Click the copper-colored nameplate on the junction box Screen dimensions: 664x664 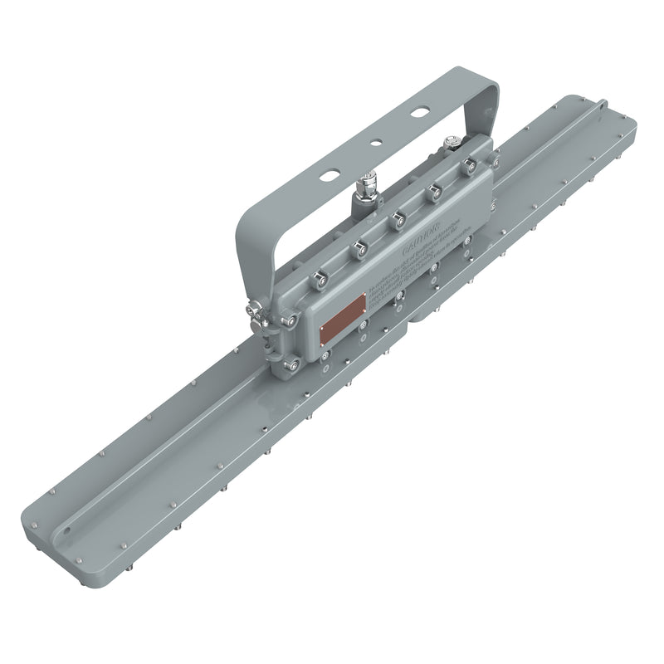(x=344, y=318)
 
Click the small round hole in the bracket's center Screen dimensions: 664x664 (x=375, y=142)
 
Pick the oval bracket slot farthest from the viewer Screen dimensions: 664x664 (x=421, y=110)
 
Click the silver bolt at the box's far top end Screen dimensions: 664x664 (x=451, y=142)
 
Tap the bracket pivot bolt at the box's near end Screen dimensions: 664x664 (x=256, y=313)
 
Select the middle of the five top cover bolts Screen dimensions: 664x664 (x=398, y=218)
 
